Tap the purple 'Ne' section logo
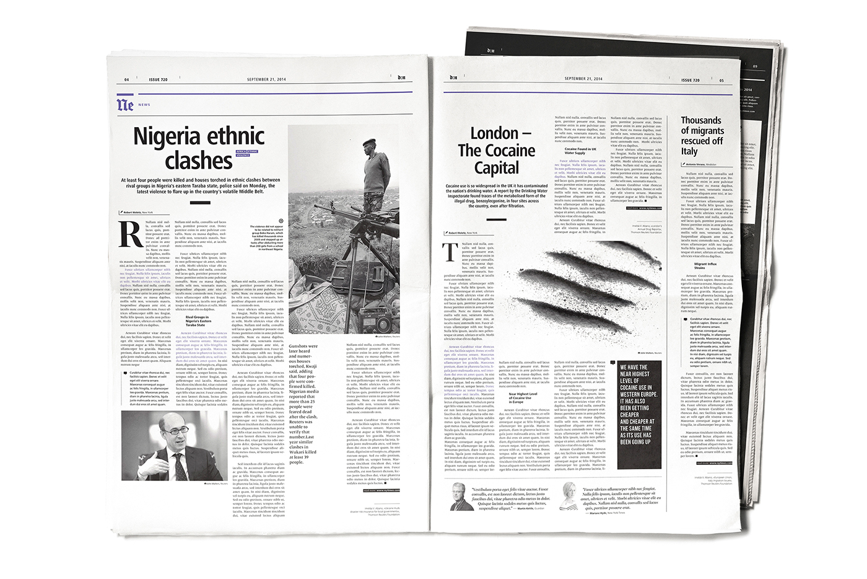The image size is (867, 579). (125, 104)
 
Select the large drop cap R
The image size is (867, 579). (131, 234)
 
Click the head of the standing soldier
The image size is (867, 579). (370, 144)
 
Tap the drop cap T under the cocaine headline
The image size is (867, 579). (452, 252)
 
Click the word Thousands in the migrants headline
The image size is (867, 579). (701, 120)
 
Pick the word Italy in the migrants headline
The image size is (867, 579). (689, 151)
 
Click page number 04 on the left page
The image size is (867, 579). (127, 79)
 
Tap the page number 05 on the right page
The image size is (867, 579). (721, 80)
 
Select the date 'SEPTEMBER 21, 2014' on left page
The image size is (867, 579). (266, 79)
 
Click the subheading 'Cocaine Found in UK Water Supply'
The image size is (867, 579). (580, 151)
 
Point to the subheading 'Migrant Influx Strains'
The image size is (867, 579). (705, 265)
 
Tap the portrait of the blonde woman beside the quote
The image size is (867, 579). (568, 495)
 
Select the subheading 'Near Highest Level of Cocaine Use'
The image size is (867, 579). (523, 397)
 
